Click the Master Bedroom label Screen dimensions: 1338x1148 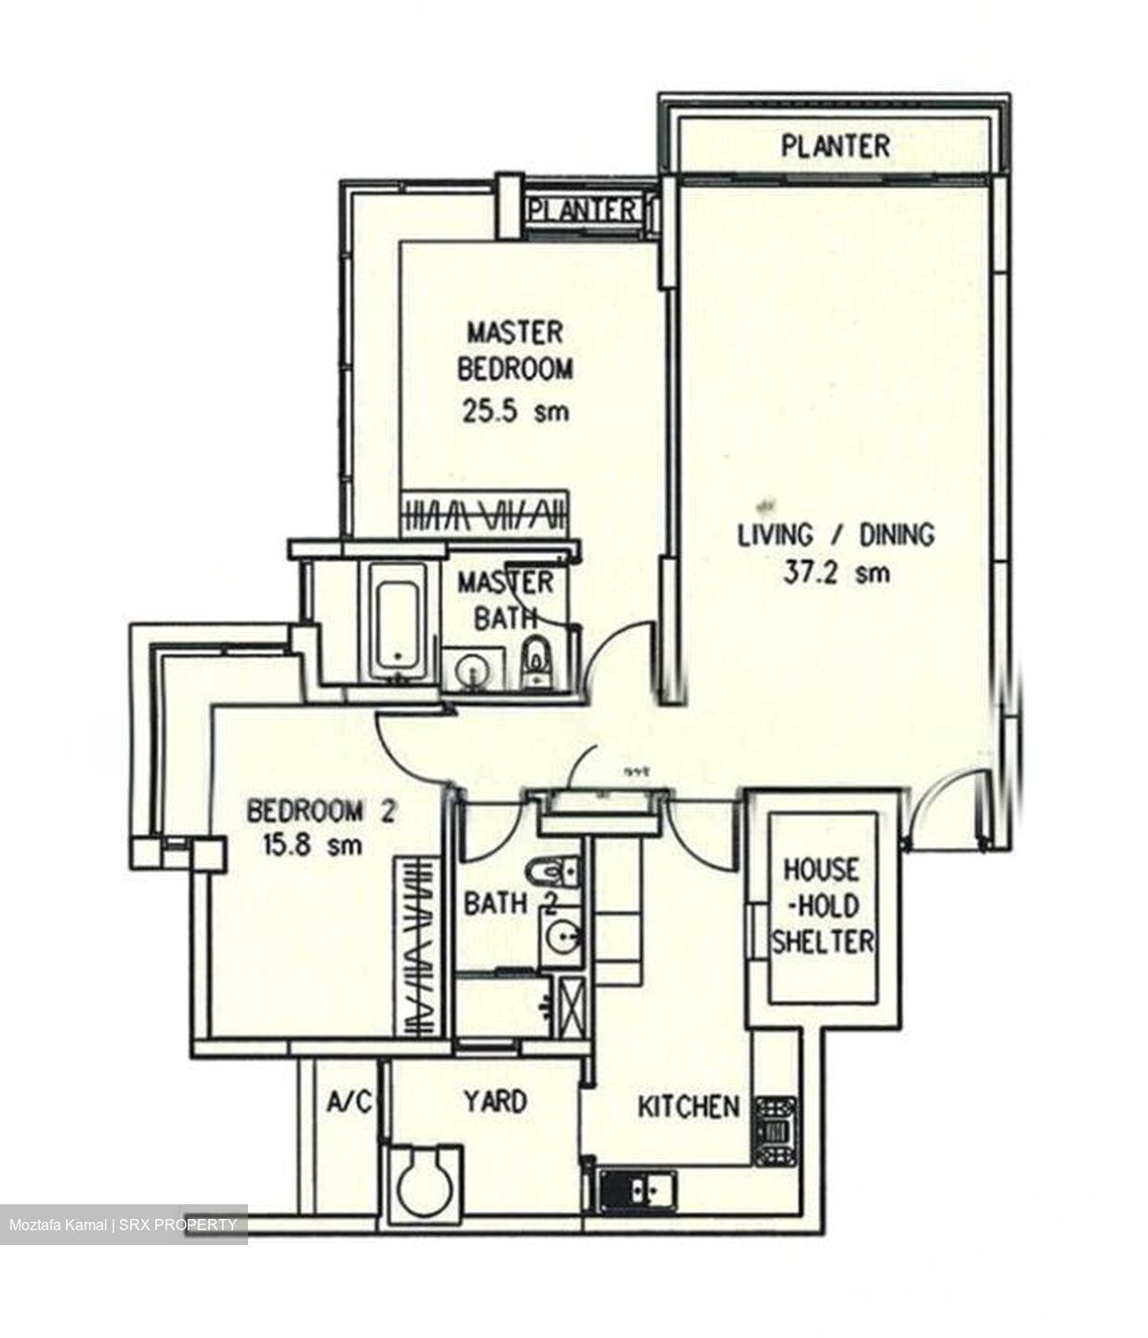515,350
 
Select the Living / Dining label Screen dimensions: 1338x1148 835,534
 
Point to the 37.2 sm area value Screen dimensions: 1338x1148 835,572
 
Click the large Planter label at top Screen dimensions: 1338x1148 834,146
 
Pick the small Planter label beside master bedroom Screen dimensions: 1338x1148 583,210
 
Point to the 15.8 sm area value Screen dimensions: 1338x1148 320,846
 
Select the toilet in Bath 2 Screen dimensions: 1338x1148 554,872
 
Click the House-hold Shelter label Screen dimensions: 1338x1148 823,906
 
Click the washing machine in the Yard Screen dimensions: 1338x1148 423,1182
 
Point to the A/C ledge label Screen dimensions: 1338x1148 348,1103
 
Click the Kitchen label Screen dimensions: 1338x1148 687,1107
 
